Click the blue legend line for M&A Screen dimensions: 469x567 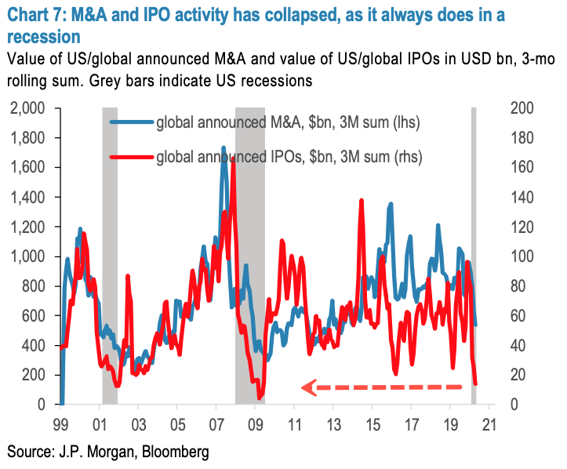(x=131, y=122)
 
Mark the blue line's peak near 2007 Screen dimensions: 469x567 (x=224, y=147)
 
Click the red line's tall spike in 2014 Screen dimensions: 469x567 (x=362, y=201)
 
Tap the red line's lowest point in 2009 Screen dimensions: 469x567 (x=260, y=397)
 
